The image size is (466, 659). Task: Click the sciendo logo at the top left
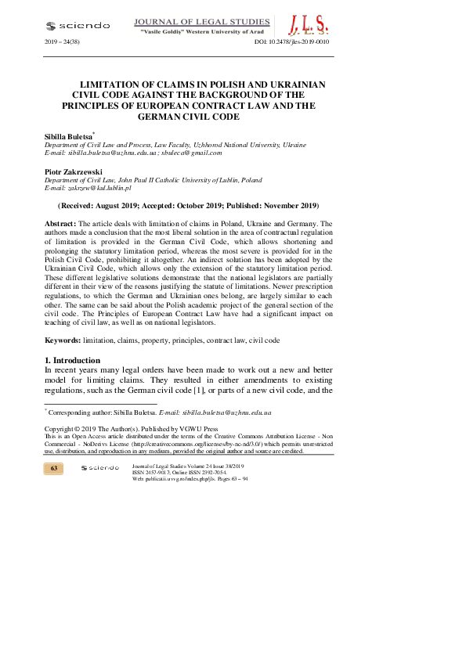[x=79, y=25]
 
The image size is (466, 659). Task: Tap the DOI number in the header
[x=292, y=41]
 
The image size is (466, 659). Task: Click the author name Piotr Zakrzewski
[x=74, y=171]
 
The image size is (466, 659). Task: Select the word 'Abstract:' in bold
[x=60, y=224]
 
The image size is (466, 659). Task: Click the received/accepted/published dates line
[x=188, y=206]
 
